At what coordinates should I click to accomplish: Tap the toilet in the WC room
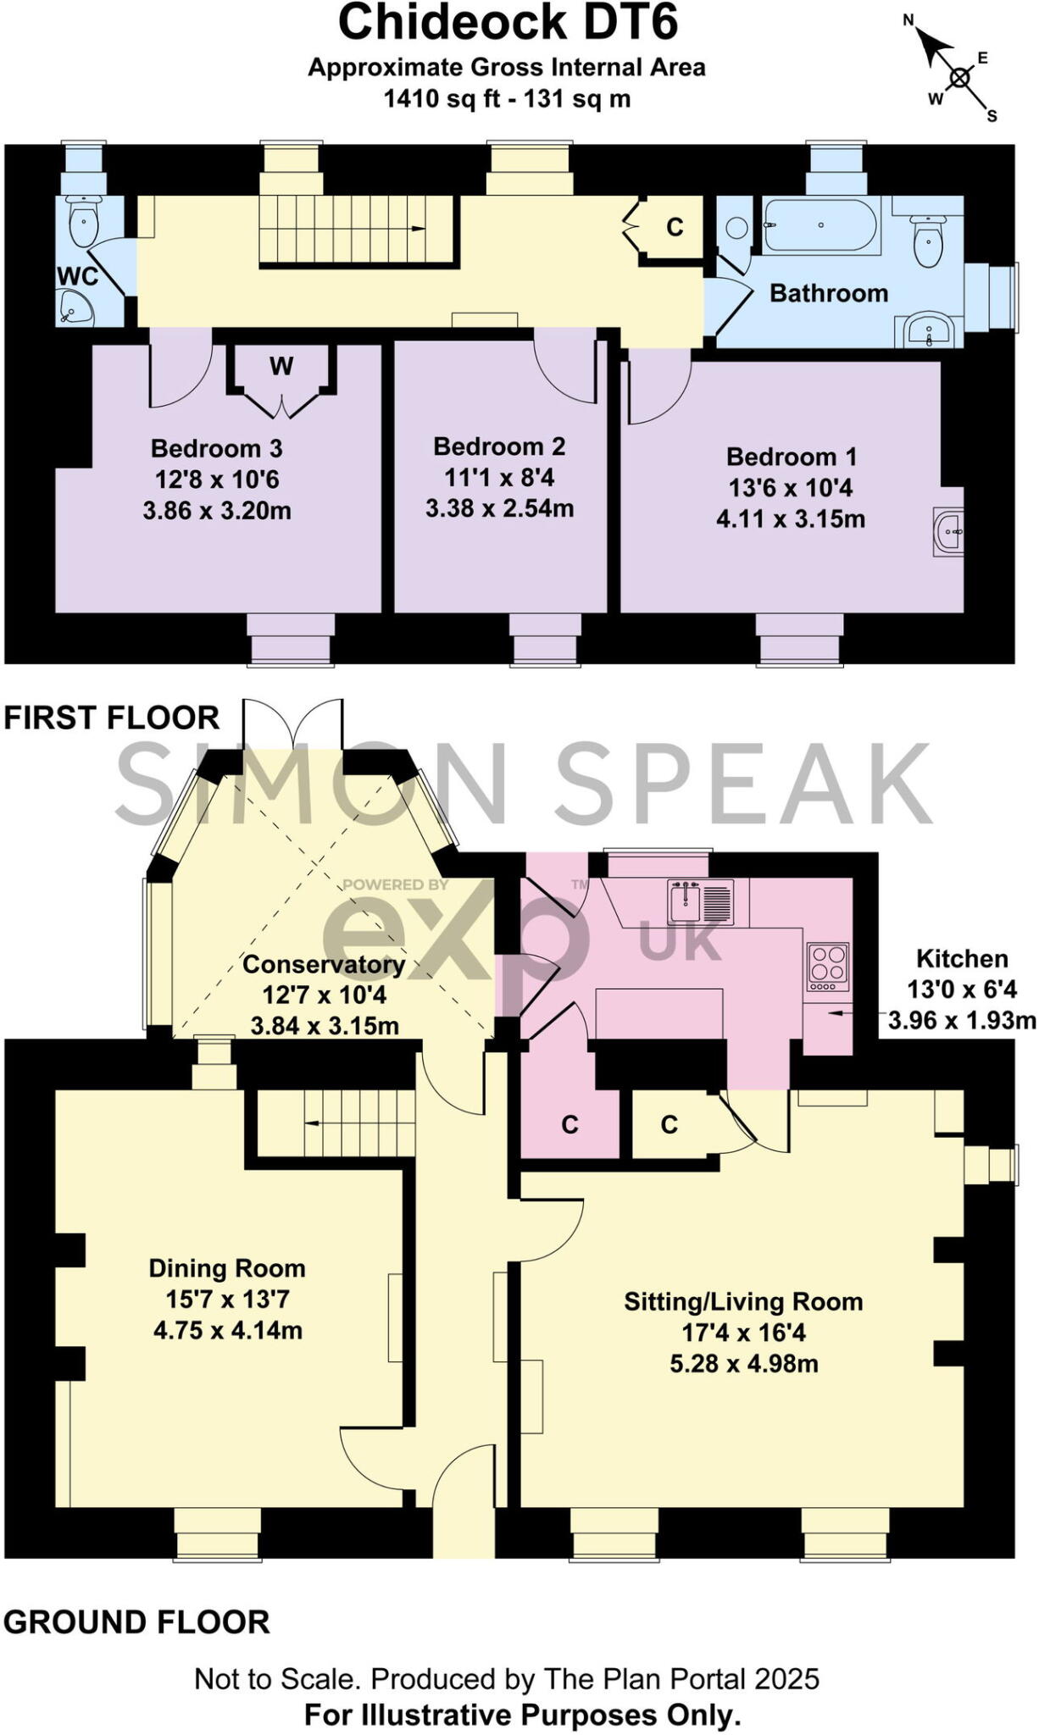83,222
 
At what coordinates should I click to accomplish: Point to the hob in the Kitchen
828,966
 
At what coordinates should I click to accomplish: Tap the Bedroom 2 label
499,446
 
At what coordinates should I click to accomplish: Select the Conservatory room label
324,964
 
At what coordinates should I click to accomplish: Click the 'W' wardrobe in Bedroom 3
281,367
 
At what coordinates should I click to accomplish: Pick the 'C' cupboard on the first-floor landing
675,227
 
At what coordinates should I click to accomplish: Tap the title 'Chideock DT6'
508,23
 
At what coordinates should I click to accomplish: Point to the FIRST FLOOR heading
112,718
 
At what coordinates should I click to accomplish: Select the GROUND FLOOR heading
136,1621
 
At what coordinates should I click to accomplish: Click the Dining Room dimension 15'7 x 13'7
227,1299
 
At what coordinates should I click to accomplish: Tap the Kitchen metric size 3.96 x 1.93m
962,1020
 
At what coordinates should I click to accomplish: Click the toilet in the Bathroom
929,239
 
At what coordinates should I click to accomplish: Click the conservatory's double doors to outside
293,724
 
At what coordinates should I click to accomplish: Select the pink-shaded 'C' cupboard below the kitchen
570,1124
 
